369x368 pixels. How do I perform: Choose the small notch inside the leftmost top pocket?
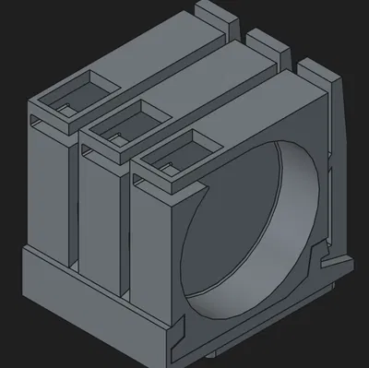65,108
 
